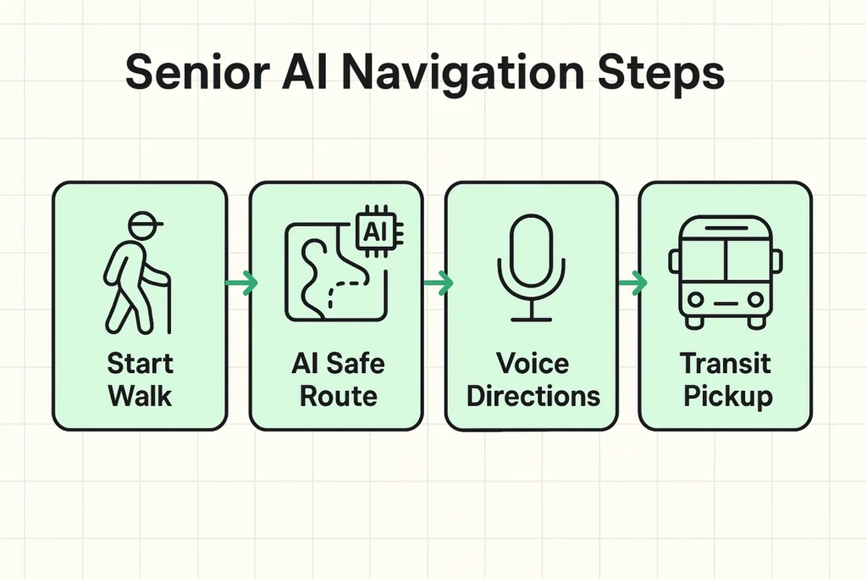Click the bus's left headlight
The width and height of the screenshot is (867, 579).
pos(696,298)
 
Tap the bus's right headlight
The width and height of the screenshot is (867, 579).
pos(754,298)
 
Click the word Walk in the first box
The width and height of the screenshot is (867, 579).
pos(140,396)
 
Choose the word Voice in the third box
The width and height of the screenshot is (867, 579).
pos(532,365)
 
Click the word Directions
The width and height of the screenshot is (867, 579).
pos(532,396)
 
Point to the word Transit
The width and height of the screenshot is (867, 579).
pos(726,365)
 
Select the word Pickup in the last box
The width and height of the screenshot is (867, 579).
pos(726,397)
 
